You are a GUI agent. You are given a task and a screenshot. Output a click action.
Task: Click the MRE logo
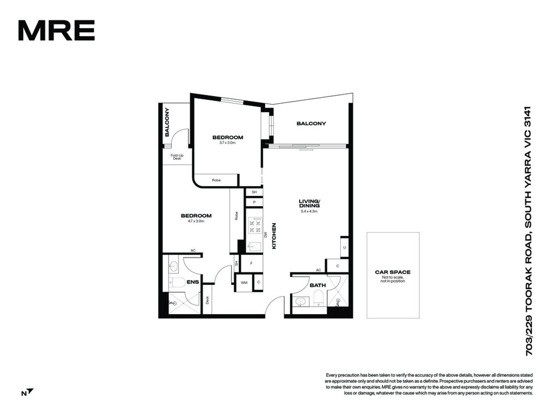click(x=56, y=30)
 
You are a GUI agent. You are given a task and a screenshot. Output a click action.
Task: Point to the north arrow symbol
click(x=30, y=391)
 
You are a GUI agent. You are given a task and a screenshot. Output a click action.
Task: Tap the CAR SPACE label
click(x=393, y=272)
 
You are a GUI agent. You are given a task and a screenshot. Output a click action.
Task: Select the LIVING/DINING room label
click(x=309, y=204)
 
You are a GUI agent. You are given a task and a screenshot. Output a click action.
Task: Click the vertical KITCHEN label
click(x=274, y=236)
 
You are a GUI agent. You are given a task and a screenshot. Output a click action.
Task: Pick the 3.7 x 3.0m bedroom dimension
click(x=228, y=143)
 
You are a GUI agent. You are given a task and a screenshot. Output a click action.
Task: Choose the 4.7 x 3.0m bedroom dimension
click(x=196, y=221)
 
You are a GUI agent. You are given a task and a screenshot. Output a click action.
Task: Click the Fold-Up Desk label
click(x=177, y=157)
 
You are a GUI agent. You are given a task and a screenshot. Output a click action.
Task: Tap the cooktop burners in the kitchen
click(x=254, y=226)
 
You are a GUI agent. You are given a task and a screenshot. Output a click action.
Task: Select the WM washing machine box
click(x=244, y=283)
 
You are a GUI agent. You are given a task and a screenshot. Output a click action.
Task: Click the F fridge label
click(x=251, y=263)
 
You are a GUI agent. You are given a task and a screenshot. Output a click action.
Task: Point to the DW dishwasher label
click(x=265, y=234)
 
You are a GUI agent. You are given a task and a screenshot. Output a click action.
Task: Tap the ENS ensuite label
click(x=193, y=282)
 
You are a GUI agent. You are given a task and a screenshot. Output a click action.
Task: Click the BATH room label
click(x=318, y=286)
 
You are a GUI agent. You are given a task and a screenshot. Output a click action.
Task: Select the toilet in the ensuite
click(x=177, y=282)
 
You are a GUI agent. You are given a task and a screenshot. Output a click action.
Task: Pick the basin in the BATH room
click(x=301, y=301)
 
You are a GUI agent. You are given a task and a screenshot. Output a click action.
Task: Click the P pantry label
click(x=254, y=202)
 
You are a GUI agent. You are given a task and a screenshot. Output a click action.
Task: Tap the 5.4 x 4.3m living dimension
click(x=309, y=211)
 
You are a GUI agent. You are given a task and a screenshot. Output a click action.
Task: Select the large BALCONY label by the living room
click(x=311, y=123)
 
